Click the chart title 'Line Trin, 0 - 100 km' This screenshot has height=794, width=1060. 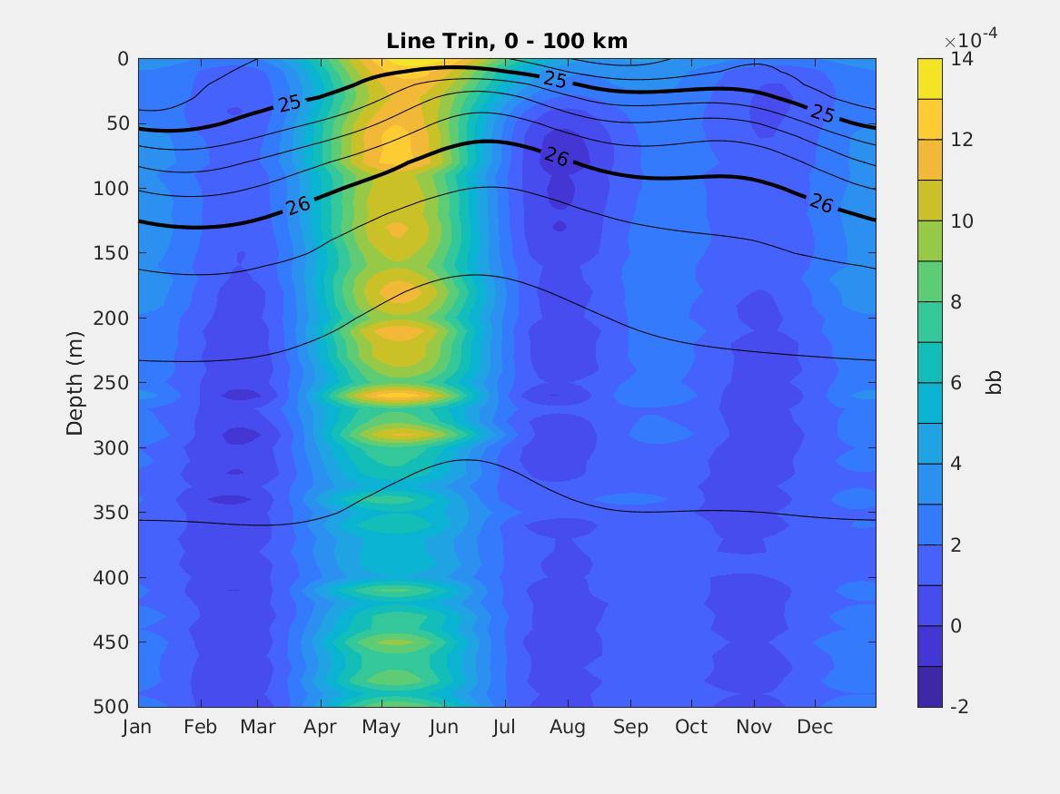[x=507, y=41]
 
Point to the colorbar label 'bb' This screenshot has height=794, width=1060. [x=995, y=383]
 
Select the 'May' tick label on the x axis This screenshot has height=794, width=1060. [x=381, y=727]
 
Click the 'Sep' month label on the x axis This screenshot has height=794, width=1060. [x=630, y=727]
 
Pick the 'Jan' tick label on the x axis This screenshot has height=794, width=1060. [x=137, y=727]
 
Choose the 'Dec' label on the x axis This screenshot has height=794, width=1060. [x=815, y=727]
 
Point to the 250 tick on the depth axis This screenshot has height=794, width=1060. [x=112, y=383]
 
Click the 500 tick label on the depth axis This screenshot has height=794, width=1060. [x=112, y=707]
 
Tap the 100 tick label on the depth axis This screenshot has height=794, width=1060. [x=112, y=189]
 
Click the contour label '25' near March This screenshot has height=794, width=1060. [x=290, y=103]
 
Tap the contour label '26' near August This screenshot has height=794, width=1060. [x=556, y=157]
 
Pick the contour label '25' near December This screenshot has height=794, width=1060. [x=822, y=113]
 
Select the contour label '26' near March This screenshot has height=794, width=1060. [x=297, y=205]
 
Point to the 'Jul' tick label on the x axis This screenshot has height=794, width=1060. [x=504, y=727]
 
